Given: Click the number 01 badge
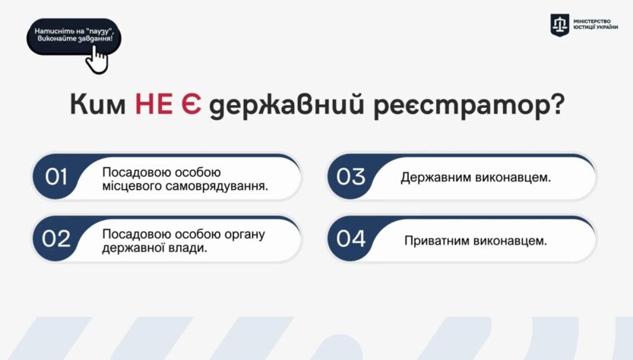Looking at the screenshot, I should click(x=57, y=177).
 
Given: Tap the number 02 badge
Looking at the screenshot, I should click(x=57, y=239).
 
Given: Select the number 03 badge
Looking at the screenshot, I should click(x=351, y=177).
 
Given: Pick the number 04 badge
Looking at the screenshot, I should click(x=351, y=239).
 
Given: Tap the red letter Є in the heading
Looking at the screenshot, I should click(x=191, y=105).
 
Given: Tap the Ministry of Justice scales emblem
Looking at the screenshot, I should click(x=560, y=24).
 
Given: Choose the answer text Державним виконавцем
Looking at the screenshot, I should click(x=476, y=178).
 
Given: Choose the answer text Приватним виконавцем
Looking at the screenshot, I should click(x=476, y=240).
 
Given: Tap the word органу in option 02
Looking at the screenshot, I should click(x=245, y=233).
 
